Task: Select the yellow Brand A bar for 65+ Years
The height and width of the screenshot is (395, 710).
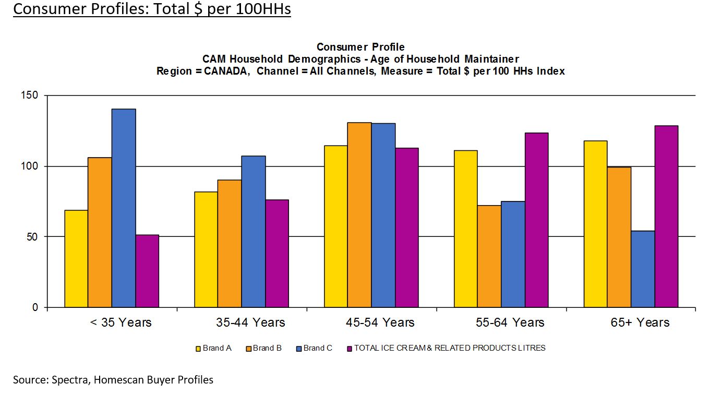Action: (x=595, y=224)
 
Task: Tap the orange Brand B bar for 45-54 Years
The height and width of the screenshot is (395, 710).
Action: (x=359, y=214)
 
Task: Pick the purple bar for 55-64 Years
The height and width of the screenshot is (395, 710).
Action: (x=536, y=220)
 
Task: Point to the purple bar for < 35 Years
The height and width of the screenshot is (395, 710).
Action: (x=147, y=271)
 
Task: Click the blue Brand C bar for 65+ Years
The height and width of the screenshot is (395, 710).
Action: (x=643, y=269)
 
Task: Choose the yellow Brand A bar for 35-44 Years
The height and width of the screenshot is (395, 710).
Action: (x=206, y=249)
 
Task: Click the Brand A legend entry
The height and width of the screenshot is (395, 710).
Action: (x=213, y=348)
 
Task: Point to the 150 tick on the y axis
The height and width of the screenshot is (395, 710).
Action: (x=31, y=95)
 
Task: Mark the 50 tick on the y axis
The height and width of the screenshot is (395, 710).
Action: (x=33, y=236)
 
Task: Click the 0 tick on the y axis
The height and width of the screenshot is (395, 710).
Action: (x=35, y=307)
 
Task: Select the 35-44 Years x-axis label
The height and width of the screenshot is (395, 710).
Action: (x=250, y=322)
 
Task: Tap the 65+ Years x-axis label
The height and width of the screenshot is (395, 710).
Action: (x=640, y=322)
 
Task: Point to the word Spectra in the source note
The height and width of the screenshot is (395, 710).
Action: (x=71, y=380)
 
